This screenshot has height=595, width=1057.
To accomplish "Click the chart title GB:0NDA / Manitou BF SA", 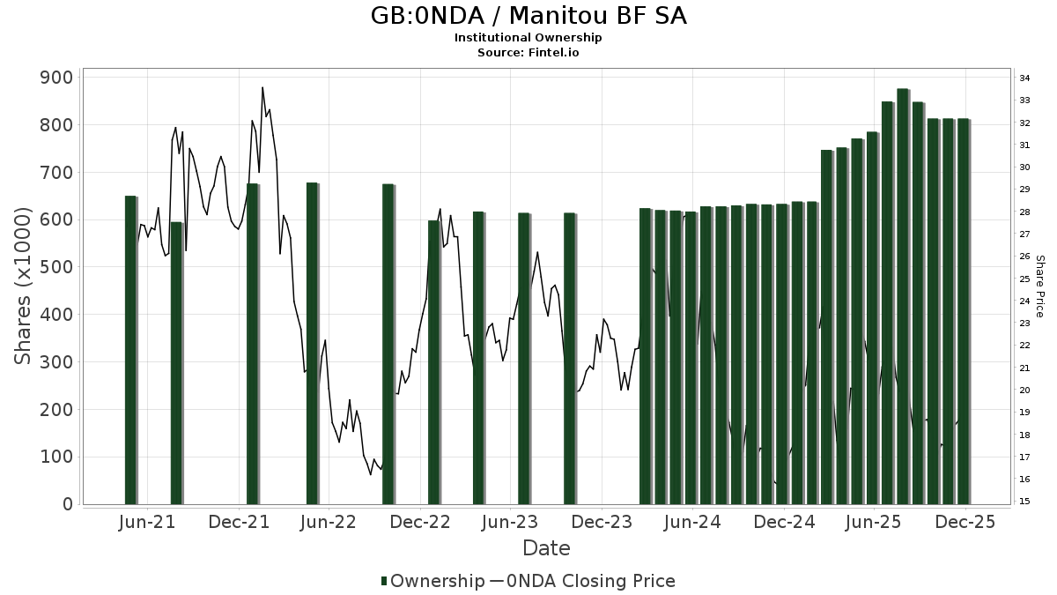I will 528,16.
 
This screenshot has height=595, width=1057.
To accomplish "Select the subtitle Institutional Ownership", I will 528,38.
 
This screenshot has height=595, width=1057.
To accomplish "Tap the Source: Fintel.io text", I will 528,52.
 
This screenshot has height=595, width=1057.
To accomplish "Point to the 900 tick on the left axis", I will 55,78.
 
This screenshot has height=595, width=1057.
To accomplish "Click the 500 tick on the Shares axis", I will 55,267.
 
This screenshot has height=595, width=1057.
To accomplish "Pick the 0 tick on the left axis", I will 67,504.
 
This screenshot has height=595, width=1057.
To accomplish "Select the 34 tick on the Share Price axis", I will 1025,78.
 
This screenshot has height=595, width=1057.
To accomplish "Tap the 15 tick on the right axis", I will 1025,502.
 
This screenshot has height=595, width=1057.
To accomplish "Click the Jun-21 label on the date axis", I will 147,522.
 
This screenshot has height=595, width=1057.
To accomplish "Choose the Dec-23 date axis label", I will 601,522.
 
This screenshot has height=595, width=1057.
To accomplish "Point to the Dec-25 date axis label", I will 965,522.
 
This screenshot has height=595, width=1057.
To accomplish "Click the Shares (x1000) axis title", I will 23,286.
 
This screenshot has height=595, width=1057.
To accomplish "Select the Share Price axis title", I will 1039,286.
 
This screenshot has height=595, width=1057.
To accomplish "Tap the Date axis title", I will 546,548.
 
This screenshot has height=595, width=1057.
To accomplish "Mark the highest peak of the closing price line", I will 262,87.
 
